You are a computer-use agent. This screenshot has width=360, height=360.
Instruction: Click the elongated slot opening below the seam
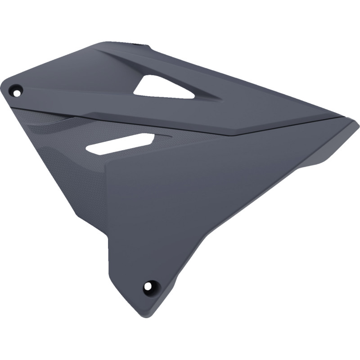coord(121,144)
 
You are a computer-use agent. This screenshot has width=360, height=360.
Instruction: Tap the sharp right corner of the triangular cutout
coord(194,97)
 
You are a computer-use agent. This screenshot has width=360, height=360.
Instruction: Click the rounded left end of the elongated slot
coord(88,150)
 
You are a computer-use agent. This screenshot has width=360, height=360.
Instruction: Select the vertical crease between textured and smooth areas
coord(106,193)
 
